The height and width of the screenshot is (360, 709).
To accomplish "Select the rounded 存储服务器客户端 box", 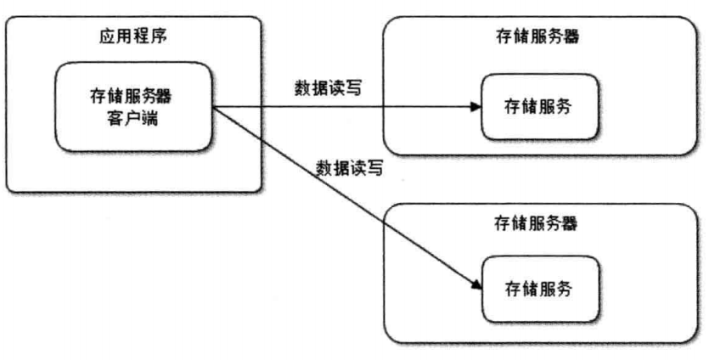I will [134, 106].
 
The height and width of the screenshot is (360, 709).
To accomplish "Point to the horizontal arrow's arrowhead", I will [475, 108].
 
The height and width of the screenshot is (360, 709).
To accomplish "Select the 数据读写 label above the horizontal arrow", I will [329, 87].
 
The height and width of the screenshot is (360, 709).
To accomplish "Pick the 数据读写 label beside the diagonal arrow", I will [349, 166].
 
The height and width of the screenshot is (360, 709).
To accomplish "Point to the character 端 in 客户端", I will [153, 117].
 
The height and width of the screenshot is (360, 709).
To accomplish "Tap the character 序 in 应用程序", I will [162, 39].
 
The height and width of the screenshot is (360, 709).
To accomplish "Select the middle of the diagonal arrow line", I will [344, 198].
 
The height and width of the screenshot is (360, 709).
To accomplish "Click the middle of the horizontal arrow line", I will [344, 108].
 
